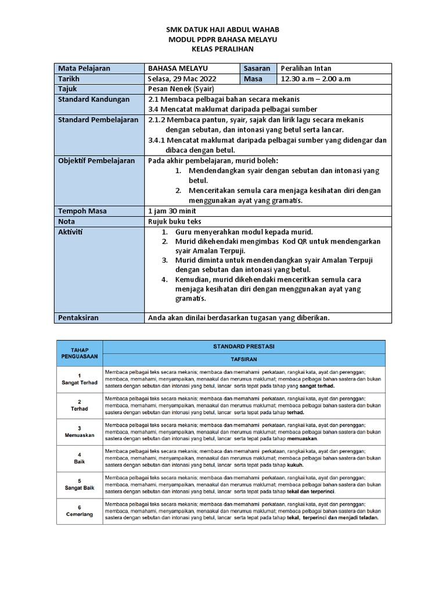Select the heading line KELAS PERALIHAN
[223, 49]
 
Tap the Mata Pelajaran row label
[84, 69]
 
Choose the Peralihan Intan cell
[305, 69]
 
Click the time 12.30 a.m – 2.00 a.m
[315, 79]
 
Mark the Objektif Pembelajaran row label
[96, 160]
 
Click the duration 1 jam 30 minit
[173, 211]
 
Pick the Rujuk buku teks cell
[175, 221]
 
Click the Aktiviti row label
[71, 232]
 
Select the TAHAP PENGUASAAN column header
[79, 352]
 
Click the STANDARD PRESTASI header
[244, 346]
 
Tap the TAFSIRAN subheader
[244, 360]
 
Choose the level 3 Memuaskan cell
[79, 431]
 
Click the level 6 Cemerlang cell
[79, 511]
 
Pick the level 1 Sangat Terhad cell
[79, 379]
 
